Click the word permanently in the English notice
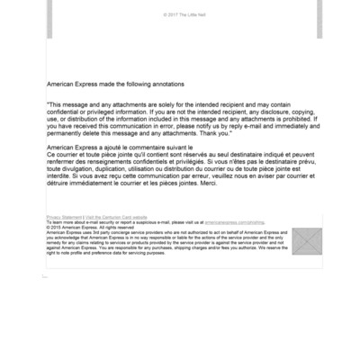(x=72, y=132)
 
